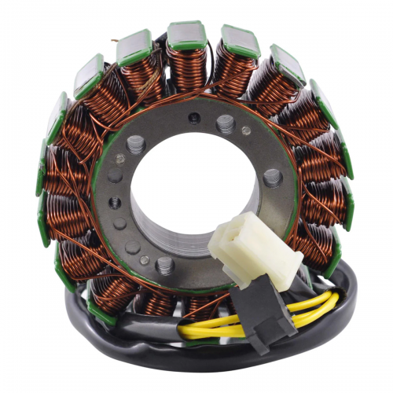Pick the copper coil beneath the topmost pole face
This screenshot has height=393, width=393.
coord(185,67)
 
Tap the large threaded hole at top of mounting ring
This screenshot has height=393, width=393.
coord(225,123)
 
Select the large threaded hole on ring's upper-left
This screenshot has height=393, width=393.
coord(135,144)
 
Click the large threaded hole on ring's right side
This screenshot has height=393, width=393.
coord(273,177)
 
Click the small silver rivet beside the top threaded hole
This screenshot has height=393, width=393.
coord(246,130)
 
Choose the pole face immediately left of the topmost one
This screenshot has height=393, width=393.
coord(134,46)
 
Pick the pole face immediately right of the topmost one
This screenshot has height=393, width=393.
coord(239,39)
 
